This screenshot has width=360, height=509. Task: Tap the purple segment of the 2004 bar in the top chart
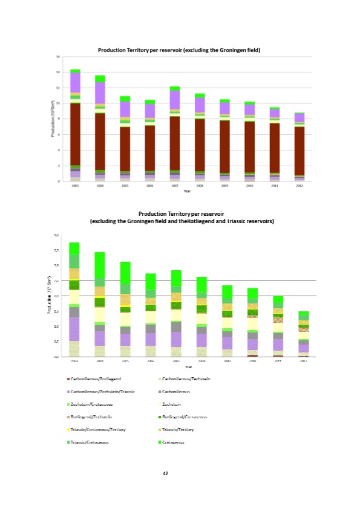(100, 92)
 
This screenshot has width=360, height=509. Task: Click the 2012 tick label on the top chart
(298, 187)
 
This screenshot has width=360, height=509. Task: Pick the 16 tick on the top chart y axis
(58, 56)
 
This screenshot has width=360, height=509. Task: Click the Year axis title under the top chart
(188, 192)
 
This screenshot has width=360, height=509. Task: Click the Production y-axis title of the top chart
(53, 118)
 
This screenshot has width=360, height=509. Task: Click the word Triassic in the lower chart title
(238, 221)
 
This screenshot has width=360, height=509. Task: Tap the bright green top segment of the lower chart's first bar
(74, 248)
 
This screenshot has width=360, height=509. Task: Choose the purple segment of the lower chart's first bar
(74, 329)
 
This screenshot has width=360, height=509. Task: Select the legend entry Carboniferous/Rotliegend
(100, 378)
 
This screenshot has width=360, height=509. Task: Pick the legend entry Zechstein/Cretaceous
(96, 404)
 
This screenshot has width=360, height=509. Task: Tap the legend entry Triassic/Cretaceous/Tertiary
(101, 430)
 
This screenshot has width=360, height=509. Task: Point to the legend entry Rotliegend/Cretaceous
(185, 417)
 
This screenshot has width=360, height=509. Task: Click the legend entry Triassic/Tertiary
(180, 430)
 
